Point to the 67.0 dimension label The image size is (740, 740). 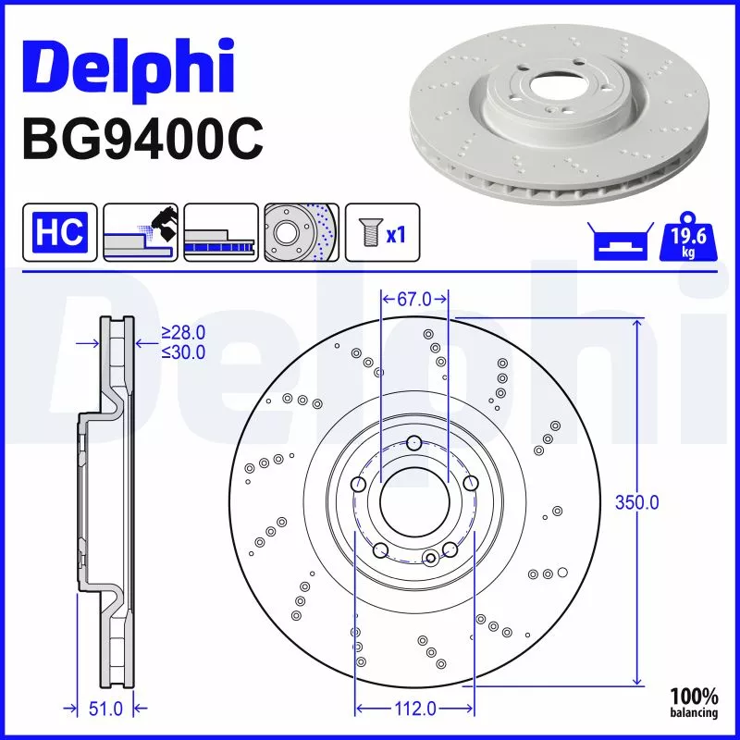[x=414, y=299]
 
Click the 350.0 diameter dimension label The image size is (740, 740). [x=637, y=502]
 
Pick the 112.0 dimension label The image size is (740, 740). [x=413, y=709]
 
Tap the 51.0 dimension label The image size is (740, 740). [x=105, y=709]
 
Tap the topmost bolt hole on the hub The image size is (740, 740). [x=414, y=442]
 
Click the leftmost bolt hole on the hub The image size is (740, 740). [x=358, y=484]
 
